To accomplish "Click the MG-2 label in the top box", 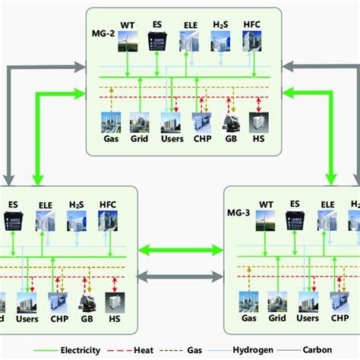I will (102, 35).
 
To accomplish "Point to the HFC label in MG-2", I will (252, 25).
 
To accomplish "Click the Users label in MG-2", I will (171, 139).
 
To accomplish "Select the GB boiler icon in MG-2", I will (230, 122).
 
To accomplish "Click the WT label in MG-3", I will (265, 204).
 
